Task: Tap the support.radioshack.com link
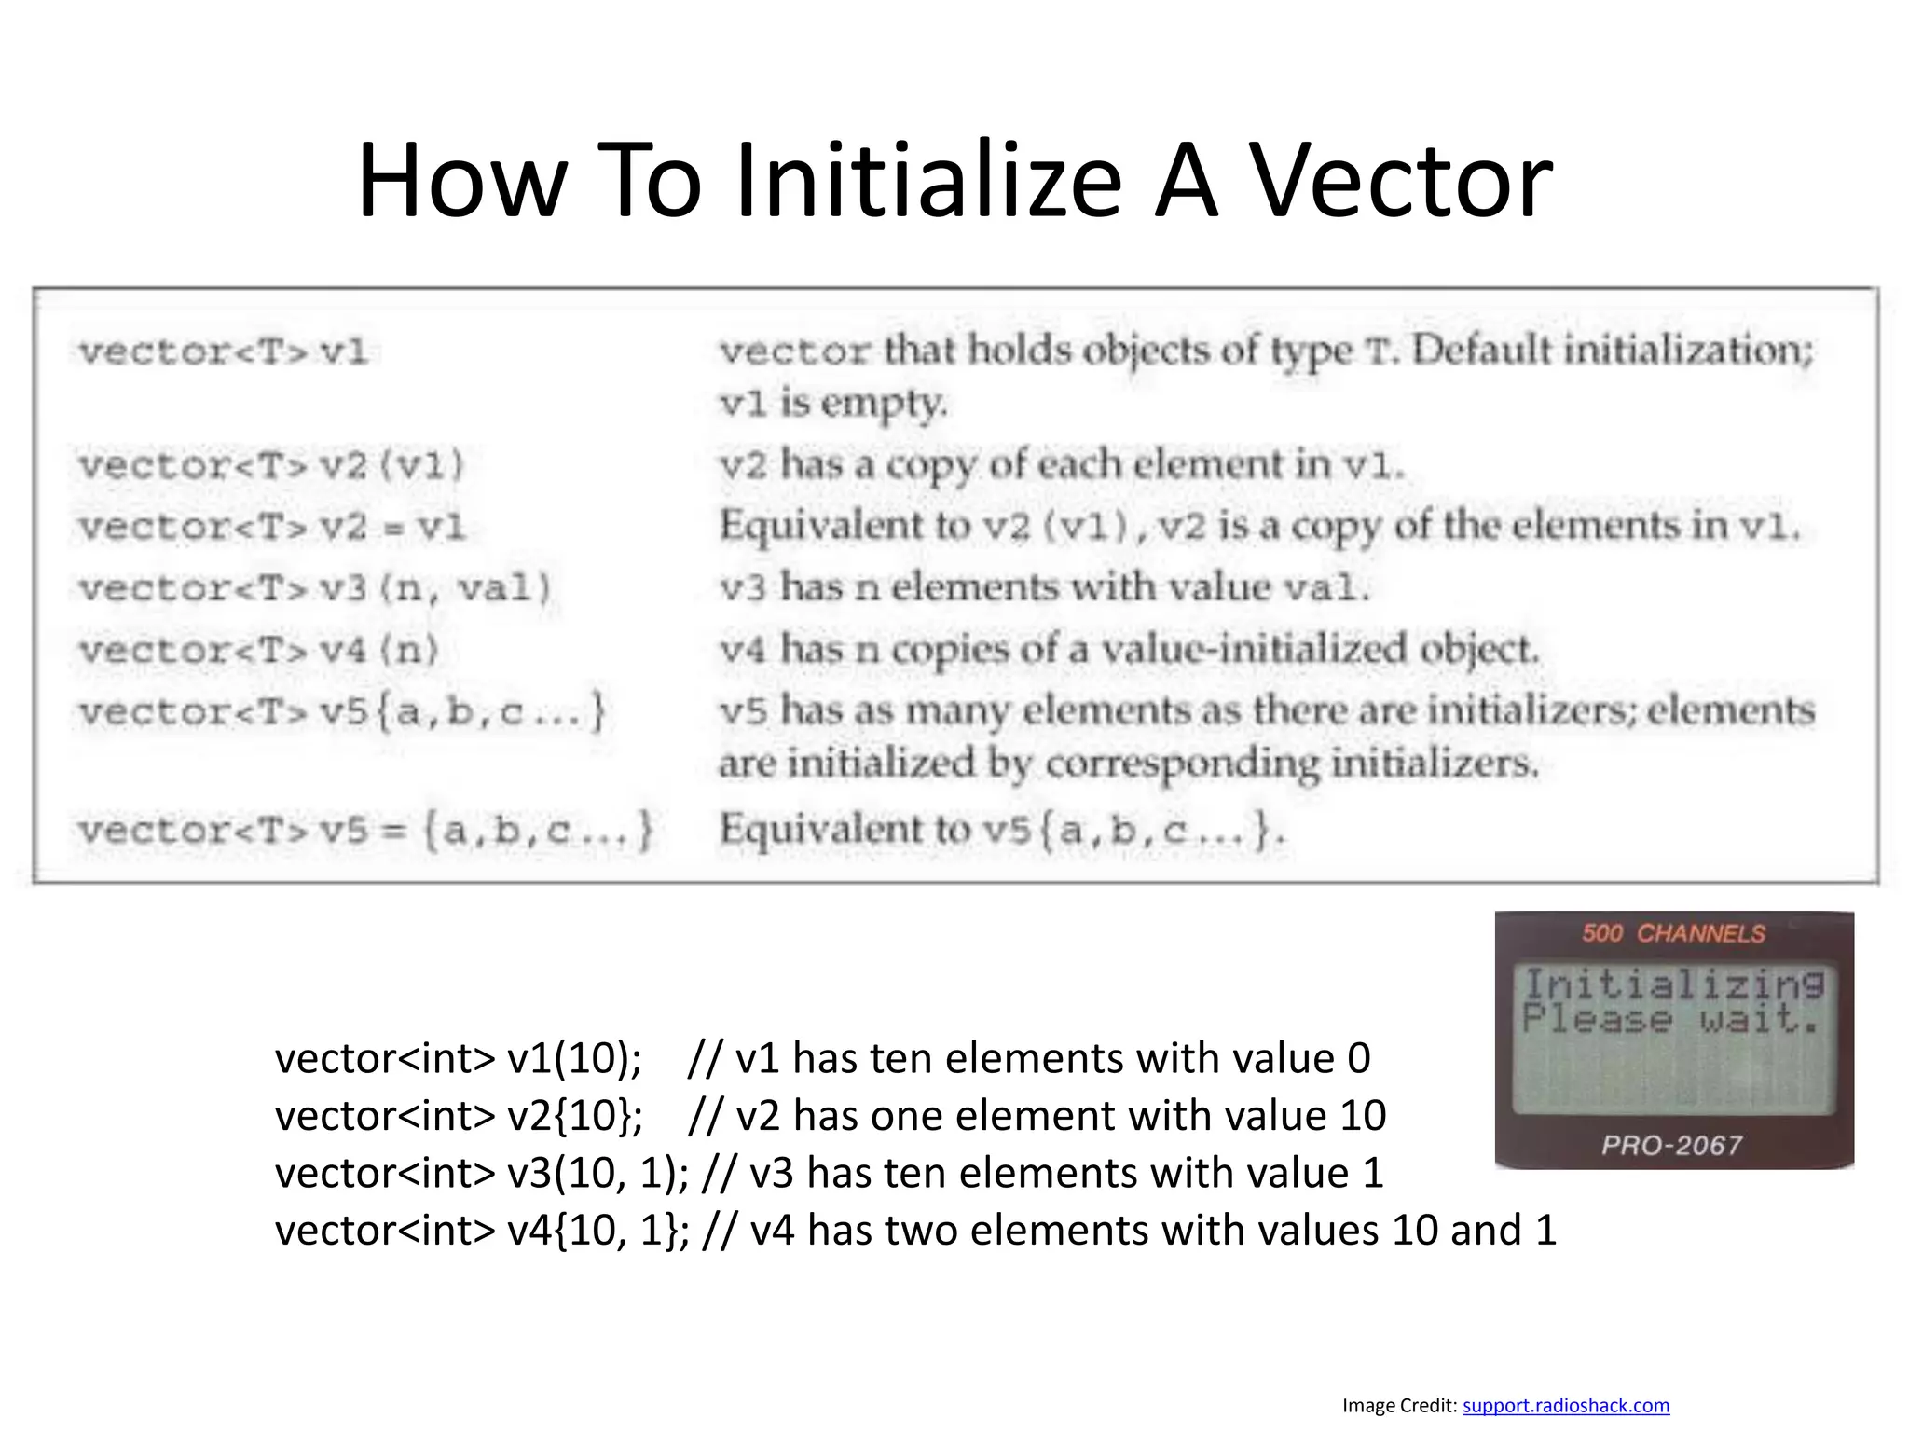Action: [1565, 1405]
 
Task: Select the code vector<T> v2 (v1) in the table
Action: [271, 464]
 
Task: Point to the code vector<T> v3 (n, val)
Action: [315, 588]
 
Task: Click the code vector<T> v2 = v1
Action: [271, 527]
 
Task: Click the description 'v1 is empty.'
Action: [833, 403]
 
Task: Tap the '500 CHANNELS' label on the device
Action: [1673, 933]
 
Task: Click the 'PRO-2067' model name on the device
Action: [1671, 1145]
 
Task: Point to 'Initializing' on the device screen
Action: [1673, 984]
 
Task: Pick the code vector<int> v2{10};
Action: [459, 1116]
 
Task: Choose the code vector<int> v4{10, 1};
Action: [482, 1231]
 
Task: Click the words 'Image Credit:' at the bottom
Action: [1399, 1405]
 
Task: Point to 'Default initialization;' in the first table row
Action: [1613, 351]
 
